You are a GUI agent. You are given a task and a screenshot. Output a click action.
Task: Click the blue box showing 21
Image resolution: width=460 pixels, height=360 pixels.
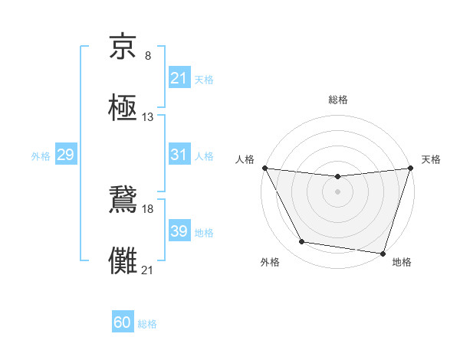179,78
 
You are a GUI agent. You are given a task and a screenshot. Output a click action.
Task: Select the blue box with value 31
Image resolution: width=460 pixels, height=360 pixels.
179,155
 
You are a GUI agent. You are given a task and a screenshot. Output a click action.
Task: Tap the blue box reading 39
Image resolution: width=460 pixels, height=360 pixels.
179,231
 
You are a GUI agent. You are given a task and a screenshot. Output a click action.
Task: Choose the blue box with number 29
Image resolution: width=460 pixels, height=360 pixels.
65,155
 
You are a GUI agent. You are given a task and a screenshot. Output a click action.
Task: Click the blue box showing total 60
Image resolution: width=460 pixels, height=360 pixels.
123,322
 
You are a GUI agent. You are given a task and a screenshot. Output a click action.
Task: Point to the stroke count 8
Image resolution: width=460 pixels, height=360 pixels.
148,56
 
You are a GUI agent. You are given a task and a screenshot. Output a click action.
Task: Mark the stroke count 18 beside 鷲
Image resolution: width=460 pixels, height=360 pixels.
148,208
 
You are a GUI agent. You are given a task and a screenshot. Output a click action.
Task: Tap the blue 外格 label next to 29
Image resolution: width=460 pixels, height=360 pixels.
41,155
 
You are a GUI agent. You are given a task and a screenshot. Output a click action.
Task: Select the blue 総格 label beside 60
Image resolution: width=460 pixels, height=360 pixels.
147,324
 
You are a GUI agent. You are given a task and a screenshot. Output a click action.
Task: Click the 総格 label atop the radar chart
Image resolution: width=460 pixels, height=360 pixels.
337,100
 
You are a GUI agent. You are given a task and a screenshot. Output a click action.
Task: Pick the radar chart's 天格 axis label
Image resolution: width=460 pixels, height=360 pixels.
431,159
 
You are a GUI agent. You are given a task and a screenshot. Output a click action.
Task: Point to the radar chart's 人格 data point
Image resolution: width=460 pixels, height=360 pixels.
264,168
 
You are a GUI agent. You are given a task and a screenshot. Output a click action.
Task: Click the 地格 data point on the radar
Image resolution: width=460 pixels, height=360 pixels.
383,253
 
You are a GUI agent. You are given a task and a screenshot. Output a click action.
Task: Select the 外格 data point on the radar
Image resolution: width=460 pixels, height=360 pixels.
302,242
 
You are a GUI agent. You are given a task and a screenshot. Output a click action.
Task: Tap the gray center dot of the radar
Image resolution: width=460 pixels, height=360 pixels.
337,191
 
